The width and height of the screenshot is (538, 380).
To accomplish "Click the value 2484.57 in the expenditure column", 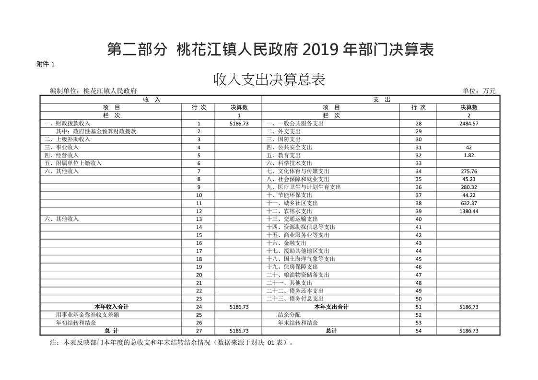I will [468, 123].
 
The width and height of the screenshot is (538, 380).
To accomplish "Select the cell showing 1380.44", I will [468, 211].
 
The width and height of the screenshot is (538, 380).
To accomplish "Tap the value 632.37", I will [468, 203].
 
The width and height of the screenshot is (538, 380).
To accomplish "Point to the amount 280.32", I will [468, 187].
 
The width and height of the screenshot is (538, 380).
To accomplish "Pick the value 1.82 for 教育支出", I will [468, 155].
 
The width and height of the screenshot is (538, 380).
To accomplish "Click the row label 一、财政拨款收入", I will [67, 123].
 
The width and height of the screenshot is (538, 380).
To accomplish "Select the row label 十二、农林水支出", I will [289, 211].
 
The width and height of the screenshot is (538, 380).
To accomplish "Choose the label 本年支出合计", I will [331, 307].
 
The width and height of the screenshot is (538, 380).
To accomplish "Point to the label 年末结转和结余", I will [298, 323].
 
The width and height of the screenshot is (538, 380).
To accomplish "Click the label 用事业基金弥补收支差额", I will [87, 315].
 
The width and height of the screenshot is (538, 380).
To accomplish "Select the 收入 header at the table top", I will [152, 99].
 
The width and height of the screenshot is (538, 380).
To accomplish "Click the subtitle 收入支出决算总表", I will [269, 80].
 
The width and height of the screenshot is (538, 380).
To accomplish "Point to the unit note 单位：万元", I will [479, 91].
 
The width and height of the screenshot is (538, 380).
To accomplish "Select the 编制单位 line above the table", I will [94, 91].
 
